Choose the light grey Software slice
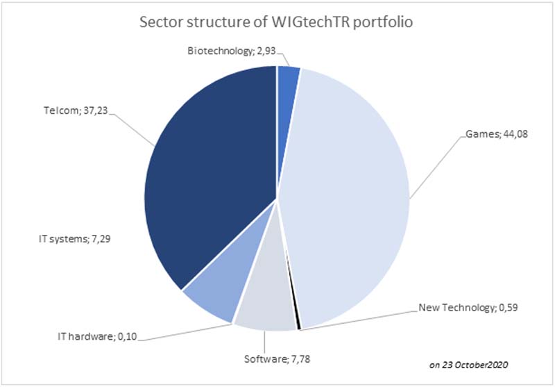pos(267,302)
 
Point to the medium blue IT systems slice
pos(212,295)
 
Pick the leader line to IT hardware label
pos(187,332)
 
